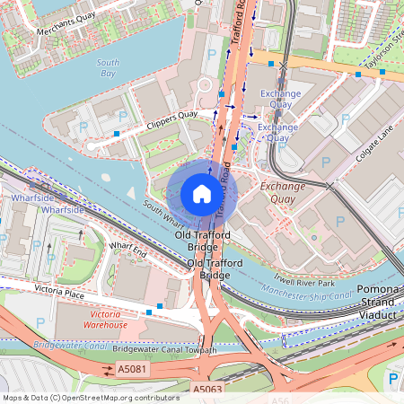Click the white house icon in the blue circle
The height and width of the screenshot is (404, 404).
click(202, 194)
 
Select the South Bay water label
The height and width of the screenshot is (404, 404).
click(107, 67)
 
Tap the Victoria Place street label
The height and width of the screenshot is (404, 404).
click(59, 292)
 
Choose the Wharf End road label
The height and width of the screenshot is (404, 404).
click(127, 249)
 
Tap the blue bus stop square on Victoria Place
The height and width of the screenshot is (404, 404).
click(160, 306)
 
